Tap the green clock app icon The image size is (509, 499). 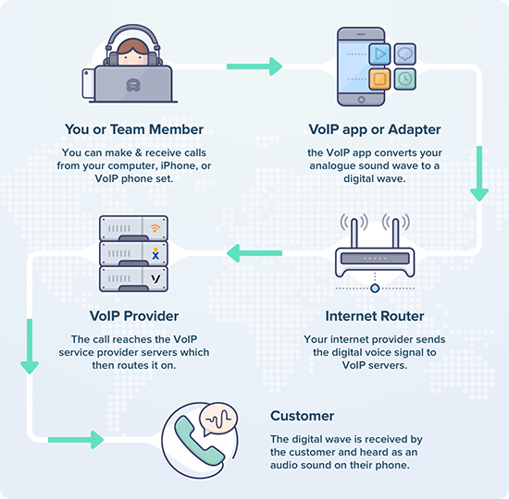click(x=404, y=79)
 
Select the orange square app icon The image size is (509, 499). click(x=379, y=80)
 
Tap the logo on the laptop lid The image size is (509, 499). click(x=134, y=83)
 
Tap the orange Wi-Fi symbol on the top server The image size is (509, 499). click(x=155, y=227)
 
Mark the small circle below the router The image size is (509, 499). click(x=375, y=288)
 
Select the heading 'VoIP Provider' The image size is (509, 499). click(x=134, y=316)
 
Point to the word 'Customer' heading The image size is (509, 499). click(x=301, y=416)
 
